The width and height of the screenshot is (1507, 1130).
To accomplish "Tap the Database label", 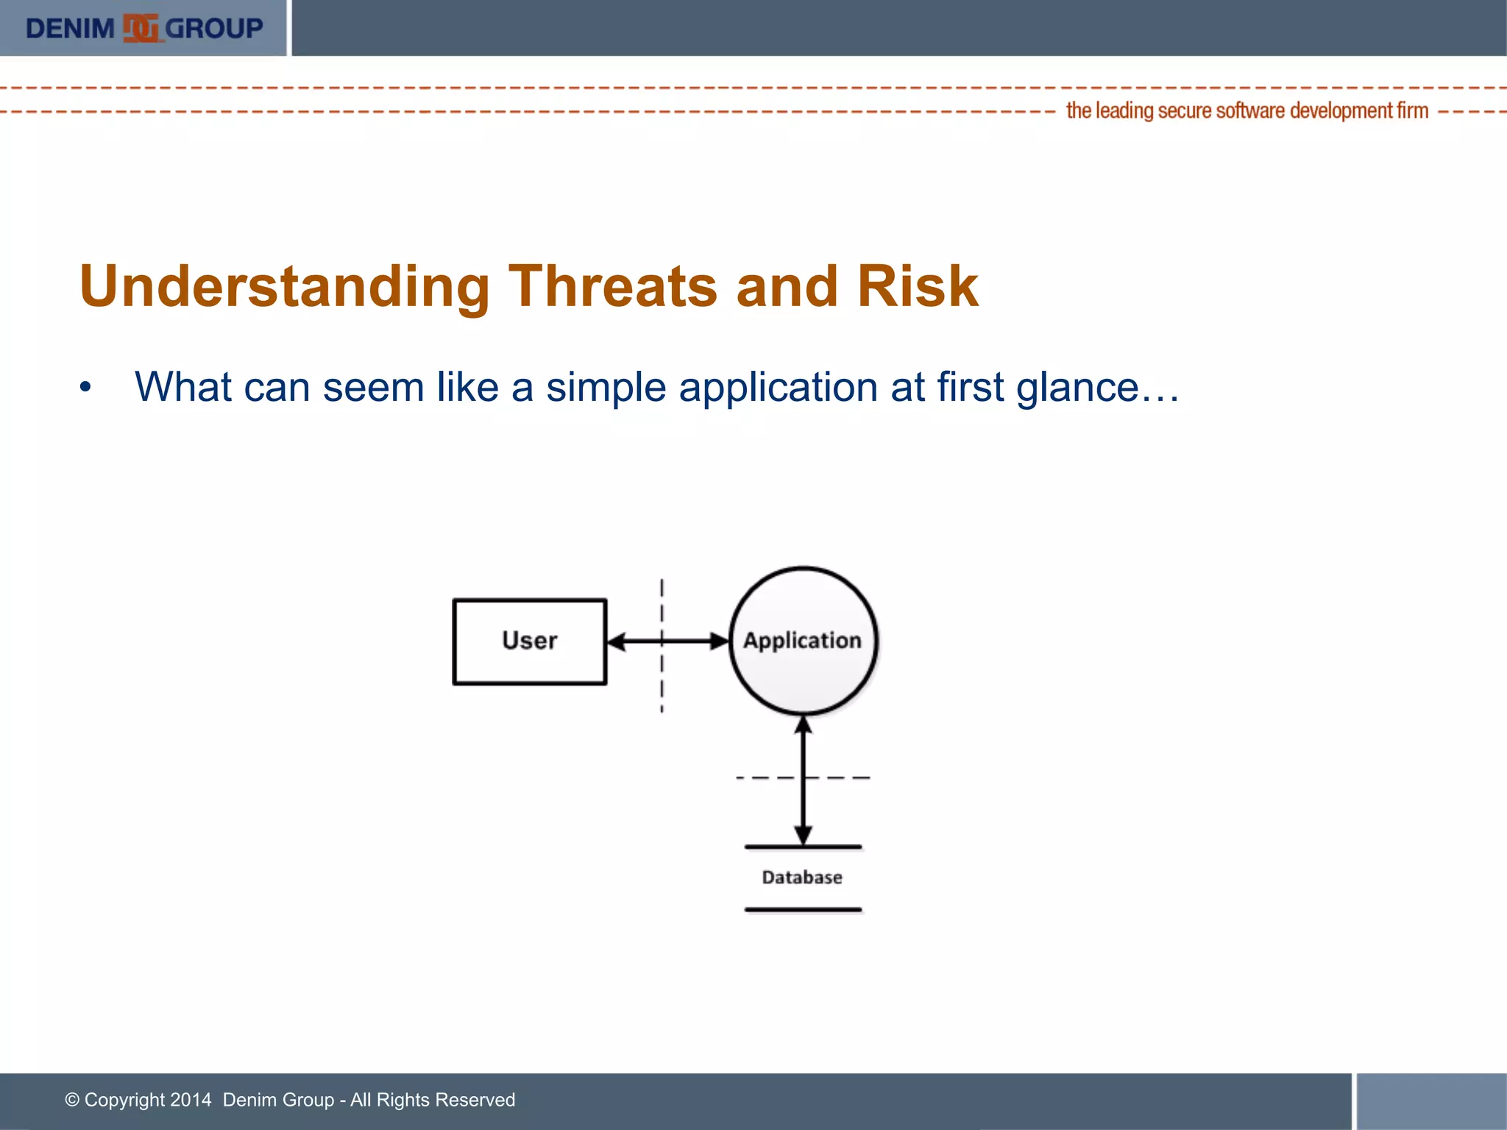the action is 802,877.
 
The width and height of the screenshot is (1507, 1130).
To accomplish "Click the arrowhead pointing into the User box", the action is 617,642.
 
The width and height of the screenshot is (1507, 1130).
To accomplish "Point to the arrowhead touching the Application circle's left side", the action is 719,642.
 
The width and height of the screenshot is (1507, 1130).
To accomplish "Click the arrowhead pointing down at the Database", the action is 804,836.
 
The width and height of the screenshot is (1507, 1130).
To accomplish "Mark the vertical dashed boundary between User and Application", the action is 662,646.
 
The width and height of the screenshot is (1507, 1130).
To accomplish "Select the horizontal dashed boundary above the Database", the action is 803,778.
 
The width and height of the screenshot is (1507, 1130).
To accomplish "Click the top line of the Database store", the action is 803,847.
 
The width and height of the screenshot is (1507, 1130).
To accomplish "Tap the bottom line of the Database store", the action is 803,910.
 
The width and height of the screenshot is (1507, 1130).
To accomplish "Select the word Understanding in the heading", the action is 284,288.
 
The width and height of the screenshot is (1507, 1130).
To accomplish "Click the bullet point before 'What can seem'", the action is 86,388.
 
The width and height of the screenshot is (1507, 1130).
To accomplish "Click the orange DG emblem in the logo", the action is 141,28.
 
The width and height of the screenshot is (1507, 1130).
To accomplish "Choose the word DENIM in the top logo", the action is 71,29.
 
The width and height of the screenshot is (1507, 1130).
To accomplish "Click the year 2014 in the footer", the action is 191,1100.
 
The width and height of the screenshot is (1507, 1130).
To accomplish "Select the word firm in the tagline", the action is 1413,110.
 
